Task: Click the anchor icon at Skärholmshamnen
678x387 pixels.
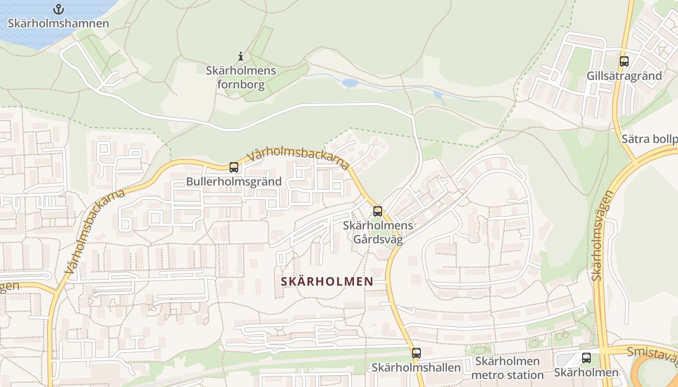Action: (x=58, y=9)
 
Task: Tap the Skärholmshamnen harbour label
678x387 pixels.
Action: (x=58, y=23)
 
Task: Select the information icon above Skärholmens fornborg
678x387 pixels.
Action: (x=241, y=56)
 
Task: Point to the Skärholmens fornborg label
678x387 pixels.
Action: (x=241, y=78)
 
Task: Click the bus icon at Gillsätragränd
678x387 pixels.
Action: (x=624, y=61)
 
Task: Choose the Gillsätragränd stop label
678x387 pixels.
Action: (x=624, y=76)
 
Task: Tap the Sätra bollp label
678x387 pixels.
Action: (x=649, y=139)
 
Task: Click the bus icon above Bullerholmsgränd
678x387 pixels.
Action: (x=233, y=167)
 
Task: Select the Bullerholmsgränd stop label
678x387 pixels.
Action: (x=233, y=182)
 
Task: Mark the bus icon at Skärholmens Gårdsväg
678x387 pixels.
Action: (x=377, y=211)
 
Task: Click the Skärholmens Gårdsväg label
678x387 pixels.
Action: (x=378, y=233)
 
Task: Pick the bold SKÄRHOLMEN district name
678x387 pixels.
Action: (x=327, y=281)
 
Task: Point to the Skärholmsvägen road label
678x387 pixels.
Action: (x=602, y=236)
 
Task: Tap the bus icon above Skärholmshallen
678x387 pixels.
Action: (x=416, y=353)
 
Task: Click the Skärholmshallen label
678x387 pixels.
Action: (x=416, y=368)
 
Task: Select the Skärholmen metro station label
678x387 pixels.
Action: (x=507, y=368)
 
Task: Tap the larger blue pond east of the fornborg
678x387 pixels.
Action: (x=350, y=83)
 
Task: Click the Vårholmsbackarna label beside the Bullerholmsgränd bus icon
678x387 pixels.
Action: (x=298, y=158)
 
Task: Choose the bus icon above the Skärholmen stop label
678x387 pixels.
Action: (x=586, y=358)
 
